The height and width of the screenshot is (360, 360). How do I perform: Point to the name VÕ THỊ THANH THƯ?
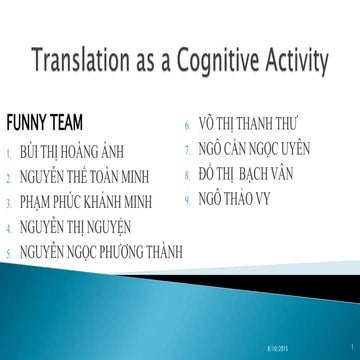(x=257, y=126)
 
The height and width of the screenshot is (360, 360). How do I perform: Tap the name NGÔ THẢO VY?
(x=233, y=198)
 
